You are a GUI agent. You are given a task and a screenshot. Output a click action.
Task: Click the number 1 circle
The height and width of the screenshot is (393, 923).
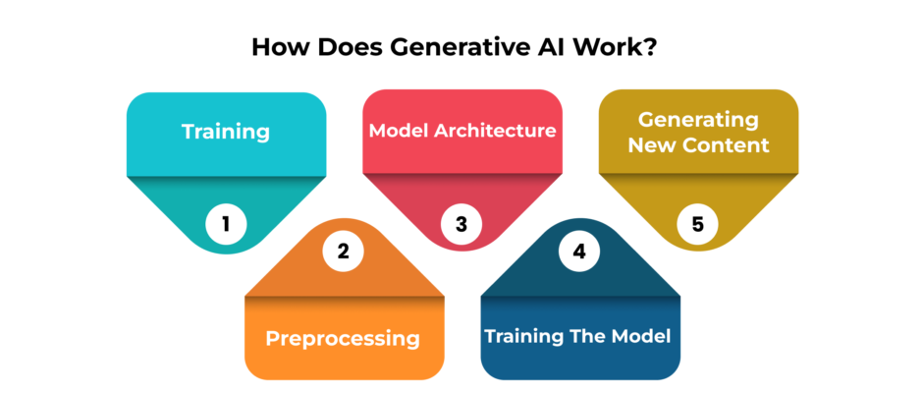(226, 224)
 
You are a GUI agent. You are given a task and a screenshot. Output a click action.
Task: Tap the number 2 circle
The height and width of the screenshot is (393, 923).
(344, 251)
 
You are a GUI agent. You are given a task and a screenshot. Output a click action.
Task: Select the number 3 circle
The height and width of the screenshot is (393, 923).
(461, 224)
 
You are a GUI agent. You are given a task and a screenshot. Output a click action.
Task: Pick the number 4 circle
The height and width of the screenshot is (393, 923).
(579, 251)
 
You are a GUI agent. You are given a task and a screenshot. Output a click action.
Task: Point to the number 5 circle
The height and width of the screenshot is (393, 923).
(697, 224)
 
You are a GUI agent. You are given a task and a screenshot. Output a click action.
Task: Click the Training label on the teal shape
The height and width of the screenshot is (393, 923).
(226, 132)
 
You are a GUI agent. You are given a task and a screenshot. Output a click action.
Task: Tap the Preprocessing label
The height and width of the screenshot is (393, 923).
(343, 339)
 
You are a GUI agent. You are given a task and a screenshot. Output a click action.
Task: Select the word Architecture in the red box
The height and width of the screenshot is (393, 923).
(495, 131)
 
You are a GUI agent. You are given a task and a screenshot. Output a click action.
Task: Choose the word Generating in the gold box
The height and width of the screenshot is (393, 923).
(699, 120)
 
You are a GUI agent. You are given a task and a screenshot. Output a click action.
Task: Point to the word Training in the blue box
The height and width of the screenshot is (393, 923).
(521, 336)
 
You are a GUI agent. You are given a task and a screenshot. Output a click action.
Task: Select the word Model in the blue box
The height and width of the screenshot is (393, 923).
(640, 336)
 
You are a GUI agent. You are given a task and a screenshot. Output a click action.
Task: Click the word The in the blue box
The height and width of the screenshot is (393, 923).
(584, 336)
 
